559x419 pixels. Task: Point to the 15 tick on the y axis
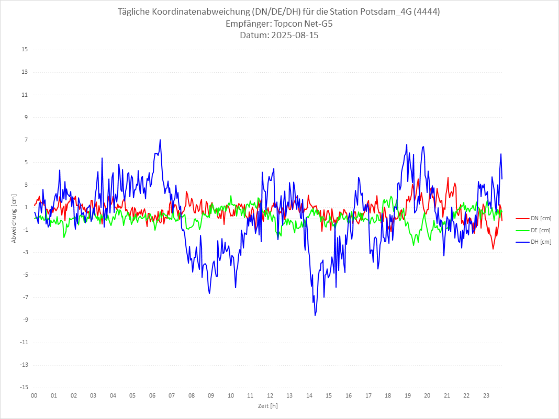tap(25, 50)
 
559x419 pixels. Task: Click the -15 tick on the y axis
tap(24, 387)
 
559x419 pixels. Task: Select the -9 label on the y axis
tap(25, 320)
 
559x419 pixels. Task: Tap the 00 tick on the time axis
tap(34, 395)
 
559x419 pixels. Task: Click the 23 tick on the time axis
tap(486, 395)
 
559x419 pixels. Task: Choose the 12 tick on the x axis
tap(270, 395)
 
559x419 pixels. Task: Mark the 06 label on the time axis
tap(152, 395)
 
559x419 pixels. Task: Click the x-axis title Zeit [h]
tap(267, 406)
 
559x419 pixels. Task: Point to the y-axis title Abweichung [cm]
tap(14, 219)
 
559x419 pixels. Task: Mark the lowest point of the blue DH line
tap(315, 315)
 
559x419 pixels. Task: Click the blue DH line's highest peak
tap(160, 140)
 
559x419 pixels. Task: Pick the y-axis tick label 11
tap(25, 95)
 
